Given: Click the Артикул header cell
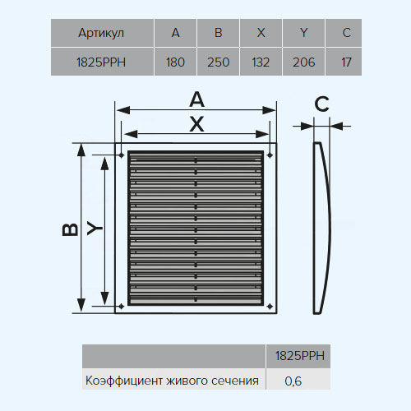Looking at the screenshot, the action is point(101,33).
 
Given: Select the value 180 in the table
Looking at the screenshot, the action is point(175,62).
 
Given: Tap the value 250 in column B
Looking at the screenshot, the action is point(218,62).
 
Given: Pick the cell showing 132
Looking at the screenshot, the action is point(261,62).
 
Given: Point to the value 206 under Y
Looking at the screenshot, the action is point(304,62).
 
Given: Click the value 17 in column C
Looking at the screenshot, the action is point(346,62).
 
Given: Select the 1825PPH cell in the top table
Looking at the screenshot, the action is point(101,62).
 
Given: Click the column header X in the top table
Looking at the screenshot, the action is point(261,33).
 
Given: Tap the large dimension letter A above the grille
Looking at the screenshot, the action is point(197,99).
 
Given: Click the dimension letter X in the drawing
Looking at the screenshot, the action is point(196,124).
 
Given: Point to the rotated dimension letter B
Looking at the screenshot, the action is point(71,229).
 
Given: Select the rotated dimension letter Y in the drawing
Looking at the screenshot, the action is point(95,228).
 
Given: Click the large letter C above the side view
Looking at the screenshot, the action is point(321,104).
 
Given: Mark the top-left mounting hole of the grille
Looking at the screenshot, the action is point(122,155).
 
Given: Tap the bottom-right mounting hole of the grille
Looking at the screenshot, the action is point(270,306).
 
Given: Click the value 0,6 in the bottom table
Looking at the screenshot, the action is point(293,381).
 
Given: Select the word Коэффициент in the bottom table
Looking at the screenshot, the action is point(124,381).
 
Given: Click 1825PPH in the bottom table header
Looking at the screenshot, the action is point(300,356).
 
